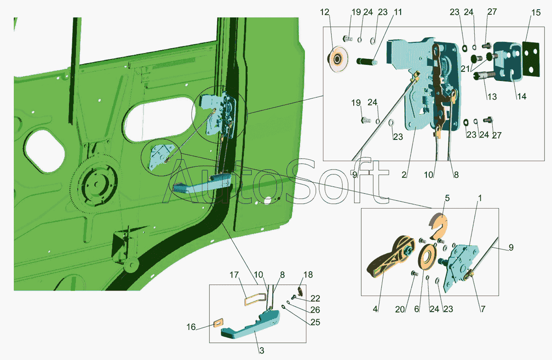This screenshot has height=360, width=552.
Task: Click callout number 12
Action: (x=325, y=12)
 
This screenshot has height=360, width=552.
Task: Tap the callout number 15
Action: (x=536, y=12)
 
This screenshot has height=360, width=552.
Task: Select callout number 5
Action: (x=447, y=198)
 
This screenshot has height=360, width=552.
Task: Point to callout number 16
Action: (x=191, y=327)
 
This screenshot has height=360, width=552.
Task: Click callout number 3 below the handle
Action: (x=262, y=350)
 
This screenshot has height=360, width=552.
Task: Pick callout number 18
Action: (x=308, y=275)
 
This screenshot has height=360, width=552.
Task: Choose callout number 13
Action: (x=492, y=97)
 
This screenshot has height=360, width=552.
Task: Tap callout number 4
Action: (x=375, y=309)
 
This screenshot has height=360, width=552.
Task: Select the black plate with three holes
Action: (x=530, y=59)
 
